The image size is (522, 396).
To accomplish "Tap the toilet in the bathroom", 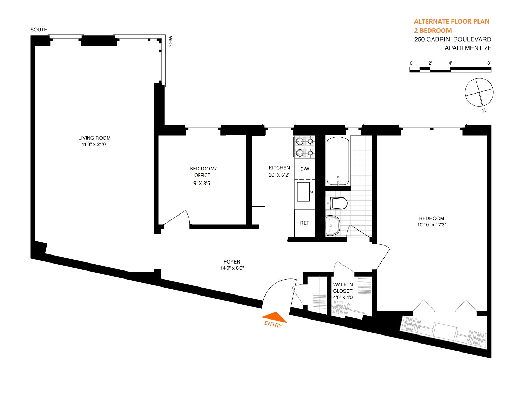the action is (337, 203).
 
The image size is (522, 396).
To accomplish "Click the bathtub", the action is (338, 161).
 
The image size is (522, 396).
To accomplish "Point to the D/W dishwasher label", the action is (304, 169).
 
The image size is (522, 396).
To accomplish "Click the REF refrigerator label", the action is (304, 223).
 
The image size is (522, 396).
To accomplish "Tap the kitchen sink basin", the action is (303, 192).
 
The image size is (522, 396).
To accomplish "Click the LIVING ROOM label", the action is (94, 138).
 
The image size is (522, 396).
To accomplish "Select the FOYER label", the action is (232, 262).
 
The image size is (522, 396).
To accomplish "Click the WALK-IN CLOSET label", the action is (343, 288).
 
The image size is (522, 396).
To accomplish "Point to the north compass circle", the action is (479, 92).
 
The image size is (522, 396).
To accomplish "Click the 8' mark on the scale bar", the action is (489, 63).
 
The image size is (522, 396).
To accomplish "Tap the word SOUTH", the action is (39, 30).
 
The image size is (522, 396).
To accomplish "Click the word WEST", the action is (170, 42).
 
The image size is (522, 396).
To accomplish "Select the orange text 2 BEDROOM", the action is (433, 30).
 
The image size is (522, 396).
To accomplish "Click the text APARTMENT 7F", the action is (468, 48).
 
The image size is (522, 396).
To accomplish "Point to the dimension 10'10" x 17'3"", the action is (432, 225).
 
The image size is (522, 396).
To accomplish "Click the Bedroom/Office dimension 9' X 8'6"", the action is (203, 183).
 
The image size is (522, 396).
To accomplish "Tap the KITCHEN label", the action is (279, 168).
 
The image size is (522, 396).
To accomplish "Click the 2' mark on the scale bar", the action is (430, 63).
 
